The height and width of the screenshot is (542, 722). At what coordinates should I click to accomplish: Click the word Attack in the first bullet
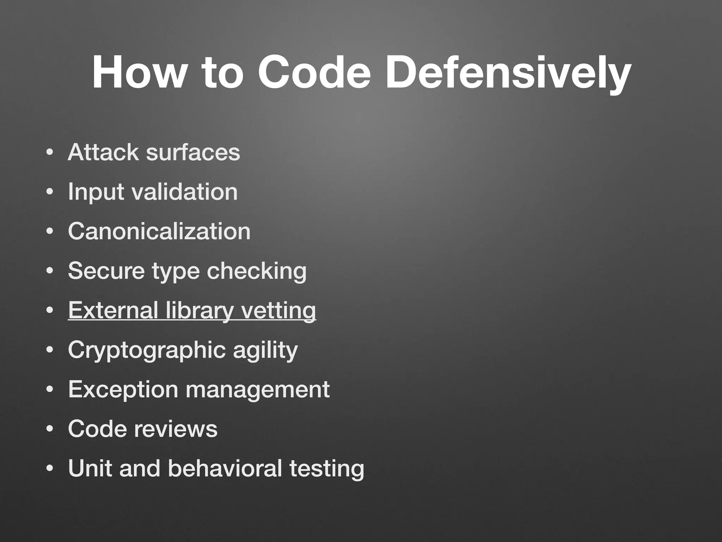(x=103, y=152)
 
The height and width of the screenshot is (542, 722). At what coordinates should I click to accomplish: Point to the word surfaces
(x=193, y=152)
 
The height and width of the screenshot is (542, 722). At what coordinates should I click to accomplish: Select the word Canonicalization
(x=159, y=231)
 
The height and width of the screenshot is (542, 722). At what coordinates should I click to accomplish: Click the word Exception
(x=123, y=390)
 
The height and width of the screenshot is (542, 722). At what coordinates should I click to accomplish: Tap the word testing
(x=327, y=469)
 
